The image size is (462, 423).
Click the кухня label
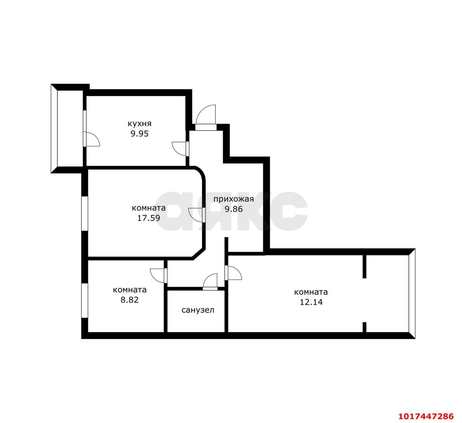coord(140,124)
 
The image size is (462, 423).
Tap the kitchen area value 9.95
coord(140,134)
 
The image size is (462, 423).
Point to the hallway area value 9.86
coord(234,209)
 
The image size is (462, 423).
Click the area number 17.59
coord(149,218)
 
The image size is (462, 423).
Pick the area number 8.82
coord(130,300)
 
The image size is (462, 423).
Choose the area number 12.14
coord(311,302)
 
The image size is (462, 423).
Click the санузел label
coord(198,310)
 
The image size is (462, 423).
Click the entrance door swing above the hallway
coord(206,116)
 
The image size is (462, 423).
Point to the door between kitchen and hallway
coord(180,149)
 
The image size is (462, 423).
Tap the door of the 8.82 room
coord(158,276)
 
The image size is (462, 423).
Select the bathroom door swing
coord(210,282)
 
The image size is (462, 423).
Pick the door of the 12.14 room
coord(233,273)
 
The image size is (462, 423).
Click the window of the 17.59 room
coord(84,213)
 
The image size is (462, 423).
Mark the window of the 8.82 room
coord(84,300)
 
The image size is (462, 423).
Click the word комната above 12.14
coord(311,292)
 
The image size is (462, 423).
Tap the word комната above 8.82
coord(130,290)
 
